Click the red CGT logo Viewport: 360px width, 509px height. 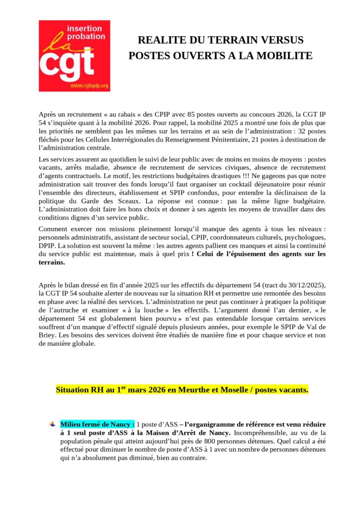74,56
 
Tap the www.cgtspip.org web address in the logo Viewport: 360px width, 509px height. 89,86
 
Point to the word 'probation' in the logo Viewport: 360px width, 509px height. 85,36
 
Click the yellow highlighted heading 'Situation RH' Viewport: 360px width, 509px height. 182,390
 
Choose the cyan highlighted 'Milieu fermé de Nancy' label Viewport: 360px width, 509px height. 97,424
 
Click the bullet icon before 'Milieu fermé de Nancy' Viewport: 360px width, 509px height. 52,424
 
